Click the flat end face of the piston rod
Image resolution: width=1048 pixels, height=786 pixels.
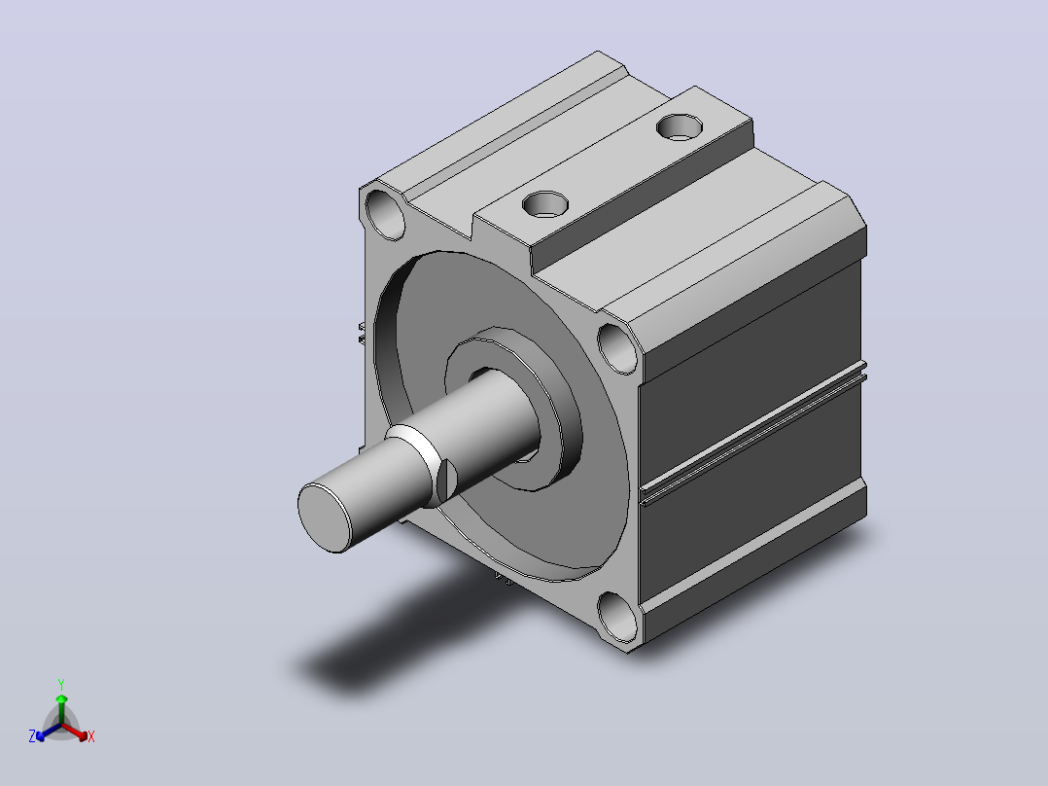324,518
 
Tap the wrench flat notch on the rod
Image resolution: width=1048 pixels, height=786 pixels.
446,481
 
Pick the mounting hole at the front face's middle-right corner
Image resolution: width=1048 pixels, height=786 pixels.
617,348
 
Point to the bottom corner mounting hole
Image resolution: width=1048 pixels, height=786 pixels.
617,616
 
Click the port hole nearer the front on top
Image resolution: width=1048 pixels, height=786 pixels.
545,204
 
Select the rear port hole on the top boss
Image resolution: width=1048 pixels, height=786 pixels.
679,127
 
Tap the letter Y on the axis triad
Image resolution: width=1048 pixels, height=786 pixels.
61,684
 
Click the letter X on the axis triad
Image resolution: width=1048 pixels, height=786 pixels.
91,736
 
